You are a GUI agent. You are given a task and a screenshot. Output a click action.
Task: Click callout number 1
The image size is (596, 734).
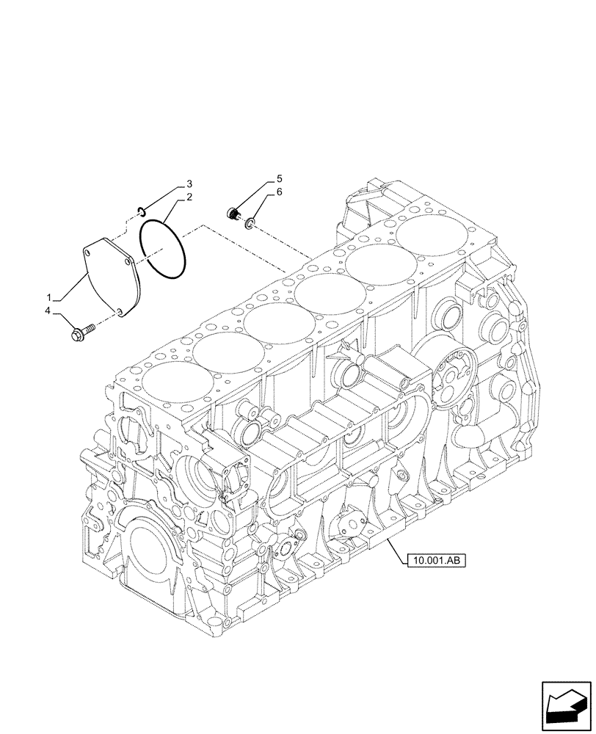pyautogui.click(x=49, y=298)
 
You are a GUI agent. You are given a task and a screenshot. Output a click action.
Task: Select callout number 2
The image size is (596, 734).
pyautogui.click(x=189, y=197)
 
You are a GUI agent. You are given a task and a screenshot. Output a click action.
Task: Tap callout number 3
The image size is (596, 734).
pyautogui.click(x=189, y=183)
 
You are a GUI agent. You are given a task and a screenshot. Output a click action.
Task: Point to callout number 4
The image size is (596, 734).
pyautogui.click(x=49, y=311)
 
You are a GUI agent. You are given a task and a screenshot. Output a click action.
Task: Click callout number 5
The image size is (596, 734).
pyautogui.click(x=279, y=178)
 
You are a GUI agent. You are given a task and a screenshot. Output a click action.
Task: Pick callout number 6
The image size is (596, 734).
pyautogui.click(x=279, y=192)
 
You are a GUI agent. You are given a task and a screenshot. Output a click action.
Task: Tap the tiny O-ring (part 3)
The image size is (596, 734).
pyautogui.click(x=138, y=213)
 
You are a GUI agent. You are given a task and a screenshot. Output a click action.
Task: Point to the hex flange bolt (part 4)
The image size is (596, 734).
pyautogui.click(x=80, y=333)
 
